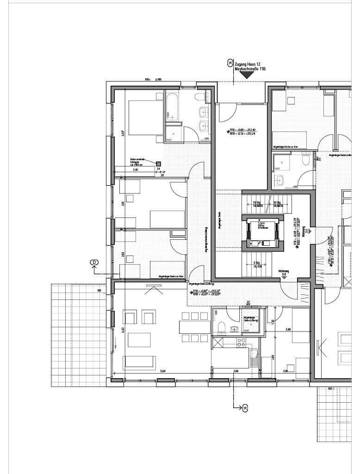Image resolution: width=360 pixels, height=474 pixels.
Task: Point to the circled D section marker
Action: pos(94,263)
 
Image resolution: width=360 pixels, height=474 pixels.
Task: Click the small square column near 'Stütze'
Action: pos(158,163)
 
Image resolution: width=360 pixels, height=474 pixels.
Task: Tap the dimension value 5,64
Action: pos(163,371)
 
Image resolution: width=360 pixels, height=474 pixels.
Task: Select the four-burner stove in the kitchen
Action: pos(242,343)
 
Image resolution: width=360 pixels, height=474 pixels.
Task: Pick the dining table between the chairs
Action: pos(191,327)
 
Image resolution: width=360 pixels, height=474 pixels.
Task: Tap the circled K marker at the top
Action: pos(230,62)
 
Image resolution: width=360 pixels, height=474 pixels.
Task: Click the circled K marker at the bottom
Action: pos(245,407)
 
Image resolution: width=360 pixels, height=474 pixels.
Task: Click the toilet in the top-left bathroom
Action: pos(199,97)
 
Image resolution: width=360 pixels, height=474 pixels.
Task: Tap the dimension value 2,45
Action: pos(136,170)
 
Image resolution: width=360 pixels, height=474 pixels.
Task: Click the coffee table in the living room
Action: pos(139,339)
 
